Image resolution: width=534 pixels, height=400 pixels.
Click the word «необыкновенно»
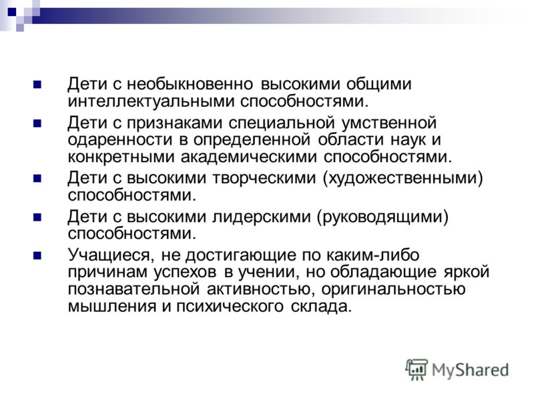tap(190, 84)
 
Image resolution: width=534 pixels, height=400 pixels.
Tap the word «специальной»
tap(282, 123)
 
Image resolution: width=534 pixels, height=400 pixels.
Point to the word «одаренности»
tap(120, 141)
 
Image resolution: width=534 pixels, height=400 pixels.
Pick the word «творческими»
tap(264, 178)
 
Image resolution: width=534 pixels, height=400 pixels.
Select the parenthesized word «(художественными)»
tap(403, 179)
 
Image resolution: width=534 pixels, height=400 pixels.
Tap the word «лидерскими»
tap(262, 217)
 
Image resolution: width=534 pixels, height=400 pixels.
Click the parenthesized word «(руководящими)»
tap(382, 217)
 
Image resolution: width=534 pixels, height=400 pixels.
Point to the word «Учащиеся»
tap(109, 255)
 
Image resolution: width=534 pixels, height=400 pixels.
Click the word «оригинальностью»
tap(393, 289)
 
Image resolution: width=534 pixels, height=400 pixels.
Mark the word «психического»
tap(230, 307)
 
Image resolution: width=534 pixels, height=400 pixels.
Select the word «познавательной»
tap(133, 289)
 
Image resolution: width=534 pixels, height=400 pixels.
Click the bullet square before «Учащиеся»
tap(37, 255)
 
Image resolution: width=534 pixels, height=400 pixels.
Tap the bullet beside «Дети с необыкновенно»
tap(37, 85)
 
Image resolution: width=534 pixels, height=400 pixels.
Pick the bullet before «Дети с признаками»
tap(37, 123)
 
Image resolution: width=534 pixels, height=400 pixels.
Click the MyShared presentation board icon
tap(416, 369)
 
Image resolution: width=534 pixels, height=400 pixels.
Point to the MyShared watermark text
tap(470, 370)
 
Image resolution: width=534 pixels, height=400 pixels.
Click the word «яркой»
tap(467, 273)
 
